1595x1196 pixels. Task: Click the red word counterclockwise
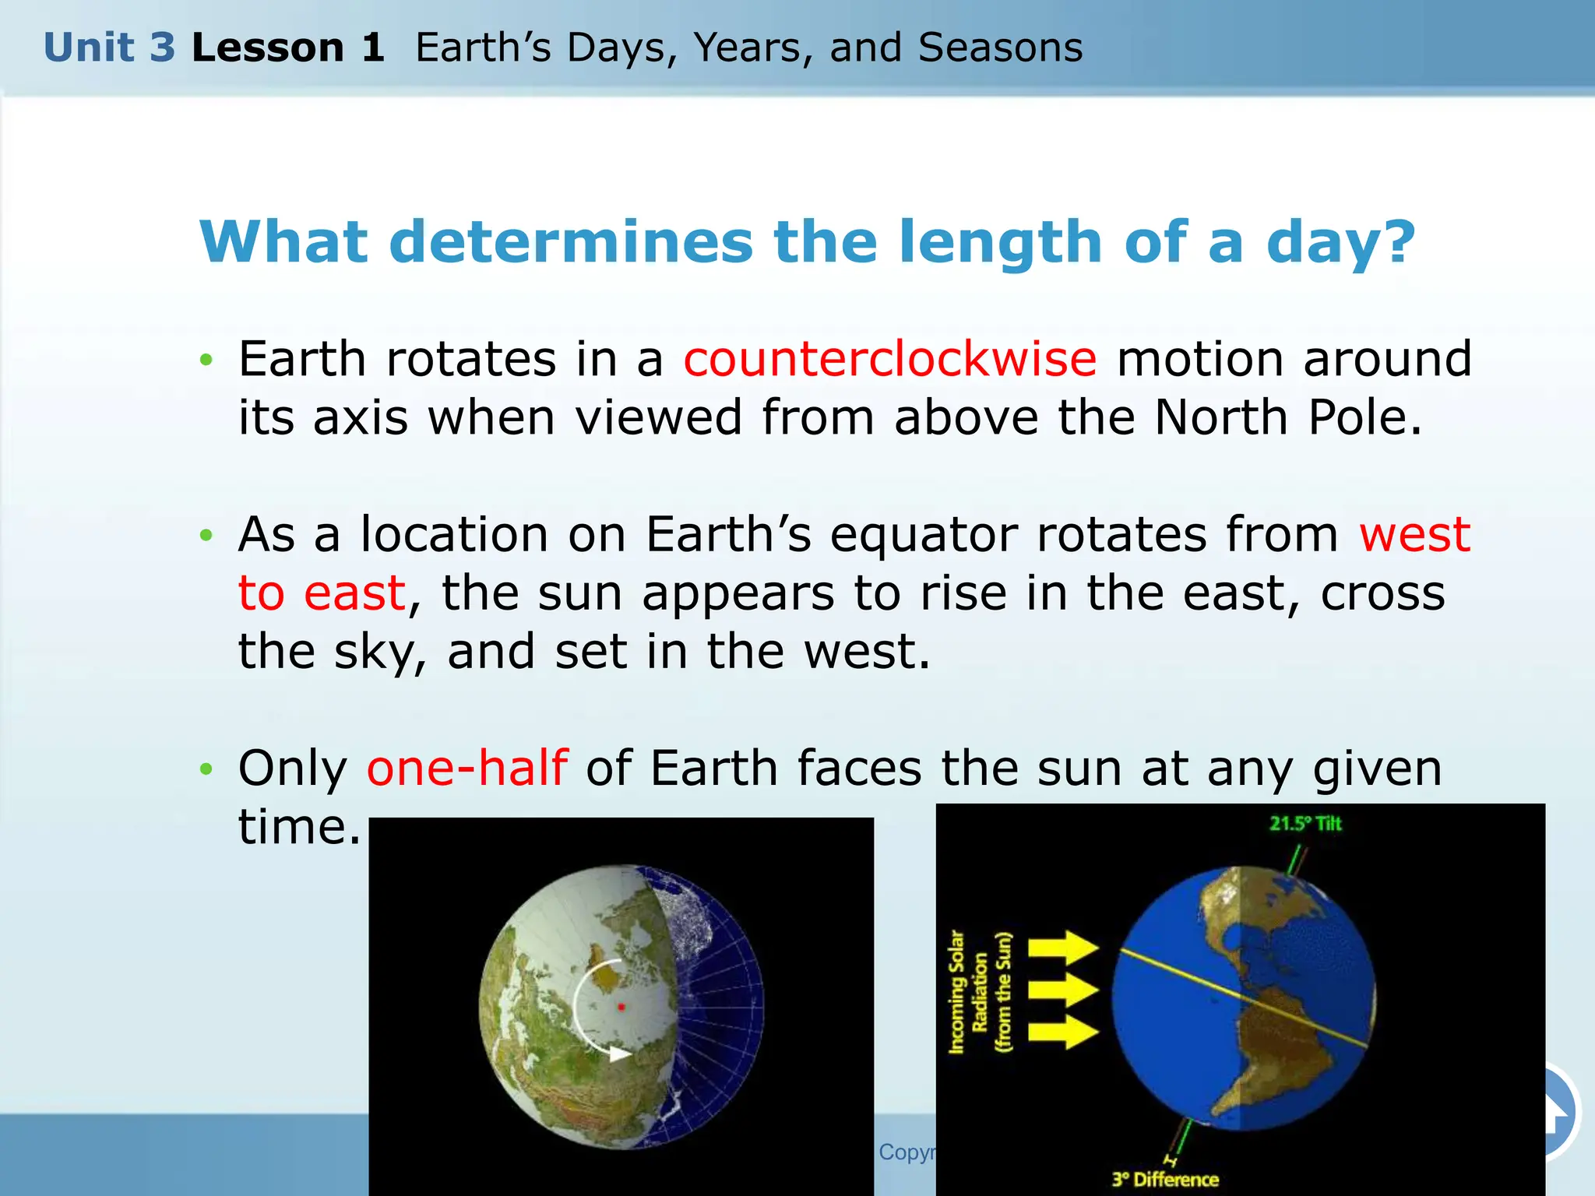889,360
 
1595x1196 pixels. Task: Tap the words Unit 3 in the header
109,47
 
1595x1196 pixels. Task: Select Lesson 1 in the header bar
287,47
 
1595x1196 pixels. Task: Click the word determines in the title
570,242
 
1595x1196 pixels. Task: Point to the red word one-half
467,768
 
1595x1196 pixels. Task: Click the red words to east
322,593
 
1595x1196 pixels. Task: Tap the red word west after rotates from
1414,535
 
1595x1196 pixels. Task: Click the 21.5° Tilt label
1305,824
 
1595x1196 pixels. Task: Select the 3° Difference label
1165,1179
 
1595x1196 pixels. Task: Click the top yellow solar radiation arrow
1063,948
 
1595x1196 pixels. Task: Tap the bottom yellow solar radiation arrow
1063,1032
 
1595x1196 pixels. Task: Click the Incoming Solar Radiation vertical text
980,992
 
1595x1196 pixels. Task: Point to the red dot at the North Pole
621,1007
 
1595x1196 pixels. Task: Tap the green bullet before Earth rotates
206,360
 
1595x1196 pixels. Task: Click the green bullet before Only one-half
206,769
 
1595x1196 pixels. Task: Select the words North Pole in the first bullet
1287,418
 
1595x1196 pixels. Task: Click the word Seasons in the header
1000,47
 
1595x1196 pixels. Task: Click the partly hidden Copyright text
907,1152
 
